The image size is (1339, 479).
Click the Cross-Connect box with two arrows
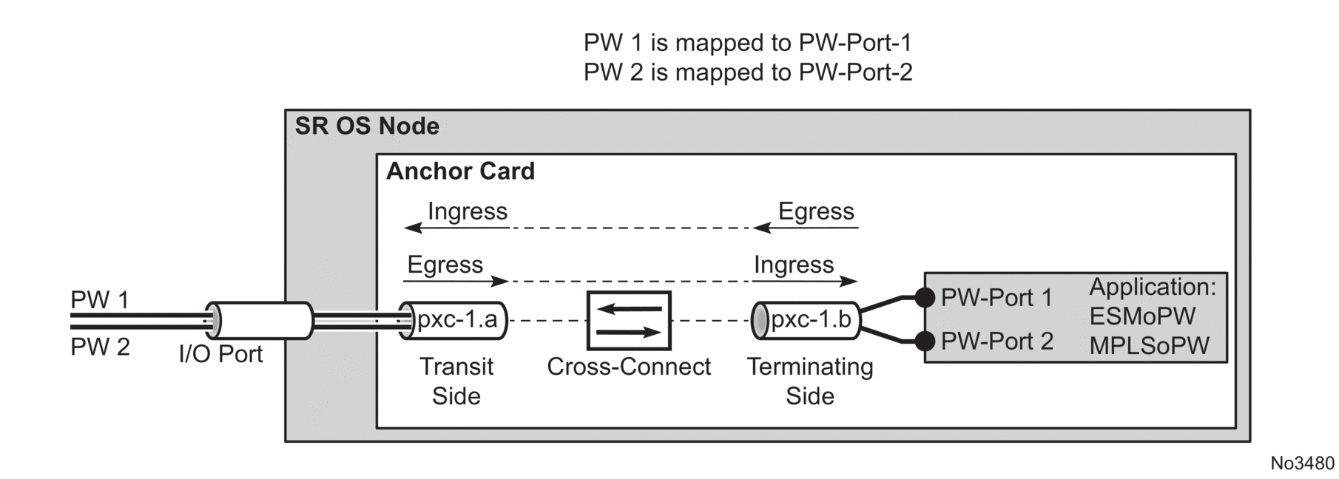point(629,320)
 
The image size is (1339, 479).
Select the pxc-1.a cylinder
point(453,320)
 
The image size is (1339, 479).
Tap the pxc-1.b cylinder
point(806,320)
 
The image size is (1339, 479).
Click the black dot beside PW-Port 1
point(925,298)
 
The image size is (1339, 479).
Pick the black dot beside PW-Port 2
point(925,341)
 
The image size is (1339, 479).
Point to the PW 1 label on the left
point(100,300)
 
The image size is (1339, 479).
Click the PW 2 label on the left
point(100,347)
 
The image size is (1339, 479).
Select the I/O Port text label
point(220,354)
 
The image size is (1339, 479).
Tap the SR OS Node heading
point(367,126)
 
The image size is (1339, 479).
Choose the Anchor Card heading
point(460,171)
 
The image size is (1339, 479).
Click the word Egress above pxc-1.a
point(445,265)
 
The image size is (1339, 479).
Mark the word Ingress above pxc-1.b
point(793,265)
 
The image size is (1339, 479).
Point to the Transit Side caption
point(456,381)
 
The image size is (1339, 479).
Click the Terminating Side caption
point(809,381)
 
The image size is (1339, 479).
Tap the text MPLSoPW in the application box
point(1149,345)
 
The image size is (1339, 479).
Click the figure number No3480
point(1302,463)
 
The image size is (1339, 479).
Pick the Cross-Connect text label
point(629,367)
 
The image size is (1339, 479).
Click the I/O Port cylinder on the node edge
point(259,321)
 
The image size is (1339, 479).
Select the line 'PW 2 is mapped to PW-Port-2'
point(748,72)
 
